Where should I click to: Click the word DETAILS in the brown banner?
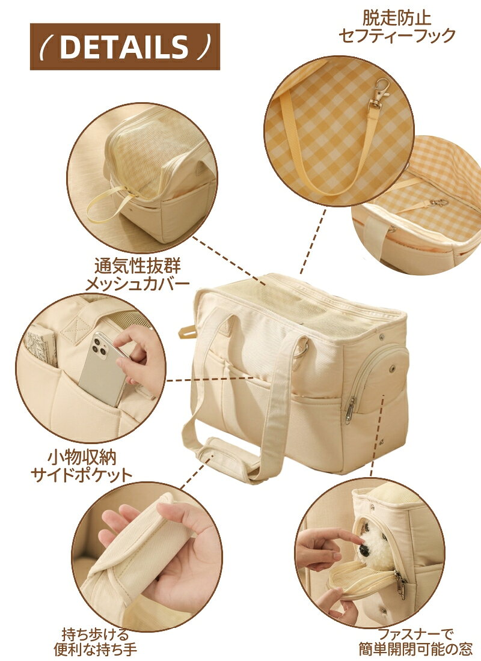124,46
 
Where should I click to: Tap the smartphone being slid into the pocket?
101,369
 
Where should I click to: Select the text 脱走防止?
397,18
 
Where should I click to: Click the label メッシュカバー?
138,284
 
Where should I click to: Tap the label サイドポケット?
81,475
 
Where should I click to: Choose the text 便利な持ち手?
96,650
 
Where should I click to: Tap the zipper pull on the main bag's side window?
350,410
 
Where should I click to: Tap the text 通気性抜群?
138,266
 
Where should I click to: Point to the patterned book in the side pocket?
41,347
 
